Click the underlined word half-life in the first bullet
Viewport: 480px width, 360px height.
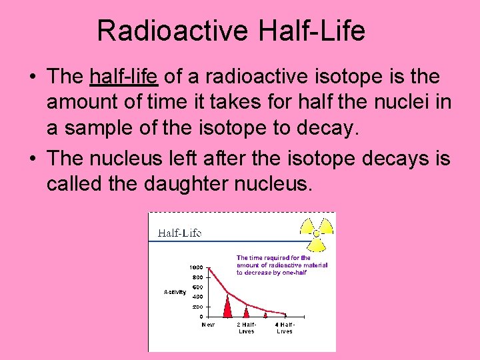(x=123, y=77)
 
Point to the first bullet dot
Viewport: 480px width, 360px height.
(x=32, y=77)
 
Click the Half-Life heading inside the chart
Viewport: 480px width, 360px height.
(x=179, y=233)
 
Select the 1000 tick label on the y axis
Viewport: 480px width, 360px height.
(x=197, y=267)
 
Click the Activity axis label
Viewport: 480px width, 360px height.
(x=175, y=292)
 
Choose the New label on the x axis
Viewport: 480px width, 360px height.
(x=209, y=325)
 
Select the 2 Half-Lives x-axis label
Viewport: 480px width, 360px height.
(x=247, y=328)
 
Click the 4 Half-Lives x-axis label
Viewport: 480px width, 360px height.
(x=285, y=328)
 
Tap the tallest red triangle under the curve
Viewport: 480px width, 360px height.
(x=227, y=307)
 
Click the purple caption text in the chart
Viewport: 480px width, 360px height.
(x=281, y=265)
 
